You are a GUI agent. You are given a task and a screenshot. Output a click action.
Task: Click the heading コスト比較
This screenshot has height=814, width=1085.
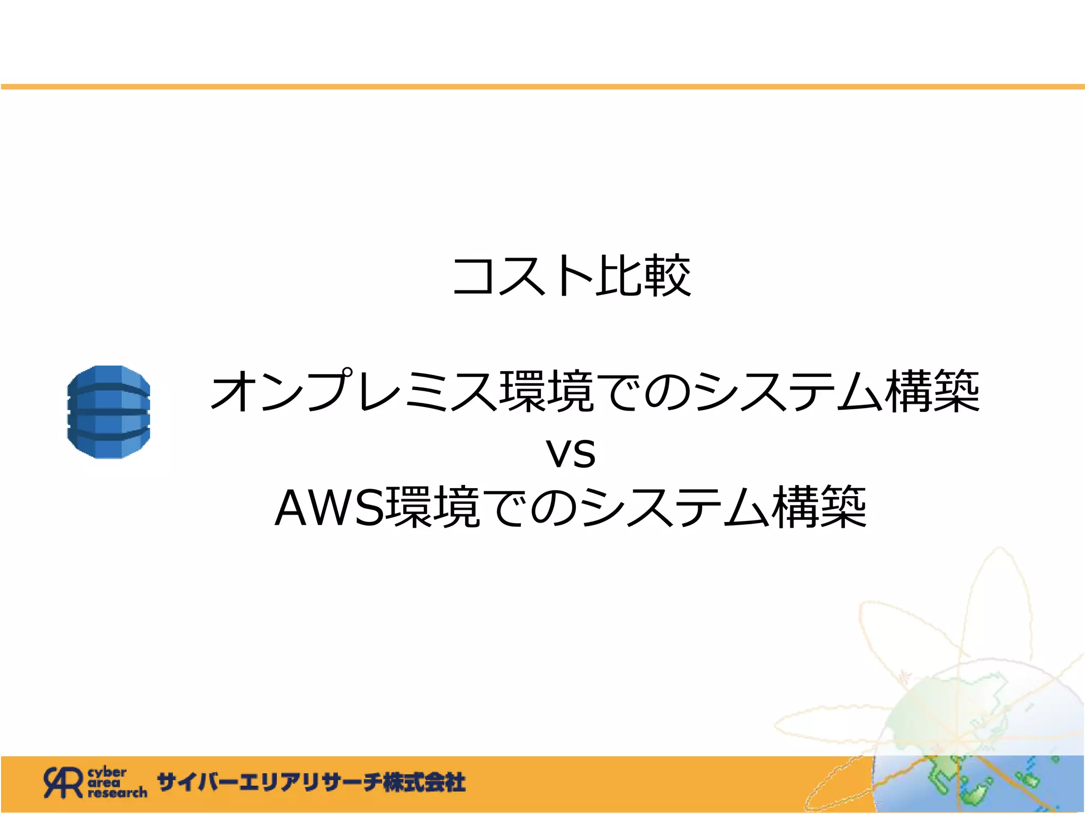coord(571,276)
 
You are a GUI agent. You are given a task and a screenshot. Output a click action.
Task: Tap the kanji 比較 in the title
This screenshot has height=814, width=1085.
coord(643,276)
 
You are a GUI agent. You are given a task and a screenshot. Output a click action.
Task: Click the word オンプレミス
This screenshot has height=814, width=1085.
coord(354,391)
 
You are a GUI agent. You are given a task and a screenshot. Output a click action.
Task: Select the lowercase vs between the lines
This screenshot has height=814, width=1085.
coord(571,454)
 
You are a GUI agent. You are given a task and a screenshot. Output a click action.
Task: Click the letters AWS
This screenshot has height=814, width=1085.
coord(328,508)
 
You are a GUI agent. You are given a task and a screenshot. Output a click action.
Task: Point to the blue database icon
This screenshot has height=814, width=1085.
coord(109,412)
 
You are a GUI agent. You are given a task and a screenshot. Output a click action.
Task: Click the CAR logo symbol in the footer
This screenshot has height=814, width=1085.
coord(63,782)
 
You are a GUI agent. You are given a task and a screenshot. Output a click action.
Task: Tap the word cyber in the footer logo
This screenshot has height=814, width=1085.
coord(107,772)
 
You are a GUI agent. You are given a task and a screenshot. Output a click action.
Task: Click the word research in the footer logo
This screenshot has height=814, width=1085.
coord(118,793)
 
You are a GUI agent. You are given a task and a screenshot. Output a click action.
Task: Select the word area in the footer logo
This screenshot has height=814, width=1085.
coord(104,783)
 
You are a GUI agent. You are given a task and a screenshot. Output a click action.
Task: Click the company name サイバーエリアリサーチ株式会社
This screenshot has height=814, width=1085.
coord(312,783)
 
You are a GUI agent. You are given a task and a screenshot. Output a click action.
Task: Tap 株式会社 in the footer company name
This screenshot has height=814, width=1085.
coord(424,783)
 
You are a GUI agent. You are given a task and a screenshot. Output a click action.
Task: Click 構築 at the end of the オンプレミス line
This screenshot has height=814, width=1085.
coord(935,391)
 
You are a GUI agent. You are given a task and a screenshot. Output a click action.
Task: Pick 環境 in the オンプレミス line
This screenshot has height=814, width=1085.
coord(547,391)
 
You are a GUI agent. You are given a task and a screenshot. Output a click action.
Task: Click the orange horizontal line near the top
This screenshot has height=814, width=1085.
coord(542,86)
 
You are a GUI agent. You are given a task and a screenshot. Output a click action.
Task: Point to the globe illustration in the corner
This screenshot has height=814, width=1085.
coord(975,742)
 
